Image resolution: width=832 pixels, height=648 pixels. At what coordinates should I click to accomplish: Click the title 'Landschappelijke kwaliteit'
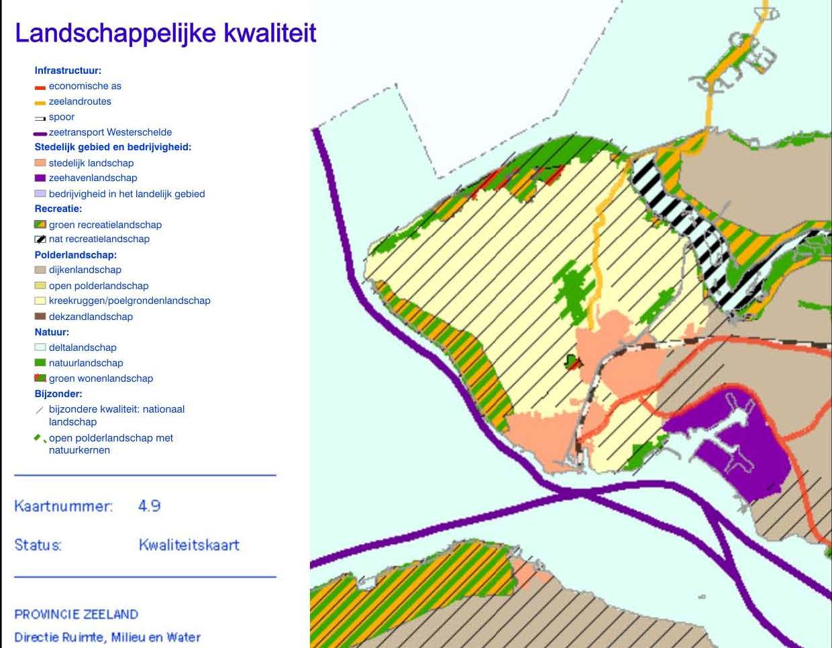(165, 33)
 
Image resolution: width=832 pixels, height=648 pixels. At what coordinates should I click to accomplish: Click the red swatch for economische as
(40, 87)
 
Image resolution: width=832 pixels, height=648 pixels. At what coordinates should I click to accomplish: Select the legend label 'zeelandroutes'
(80, 101)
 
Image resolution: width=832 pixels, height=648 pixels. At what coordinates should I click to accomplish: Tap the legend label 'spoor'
(62, 117)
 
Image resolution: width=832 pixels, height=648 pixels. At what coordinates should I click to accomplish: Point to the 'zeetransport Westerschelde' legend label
(110, 132)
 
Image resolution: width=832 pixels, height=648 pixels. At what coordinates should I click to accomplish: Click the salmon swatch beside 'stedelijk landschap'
(40, 163)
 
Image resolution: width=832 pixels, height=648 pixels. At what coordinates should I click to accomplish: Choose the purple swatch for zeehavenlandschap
(40, 178)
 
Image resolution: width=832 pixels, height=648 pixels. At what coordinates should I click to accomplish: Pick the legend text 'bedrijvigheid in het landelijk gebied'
(127, 194)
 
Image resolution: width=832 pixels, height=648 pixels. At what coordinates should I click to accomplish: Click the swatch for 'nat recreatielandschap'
(40, 239)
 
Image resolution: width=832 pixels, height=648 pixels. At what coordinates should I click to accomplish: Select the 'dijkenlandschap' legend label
(85, 270)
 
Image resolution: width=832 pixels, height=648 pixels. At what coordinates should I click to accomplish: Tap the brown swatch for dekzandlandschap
(40, 317)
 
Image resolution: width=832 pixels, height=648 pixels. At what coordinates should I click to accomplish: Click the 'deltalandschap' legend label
(83, 347)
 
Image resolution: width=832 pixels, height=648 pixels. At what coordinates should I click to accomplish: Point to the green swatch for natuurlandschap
(40, 363)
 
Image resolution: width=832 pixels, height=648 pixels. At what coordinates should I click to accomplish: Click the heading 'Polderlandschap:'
(75, 255)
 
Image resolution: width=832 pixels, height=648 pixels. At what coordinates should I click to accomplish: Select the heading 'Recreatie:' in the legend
(58, 209)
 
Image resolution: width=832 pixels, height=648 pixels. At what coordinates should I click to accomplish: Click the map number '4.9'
(149, 506)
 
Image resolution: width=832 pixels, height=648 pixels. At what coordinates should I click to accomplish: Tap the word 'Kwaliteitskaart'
(189, 545)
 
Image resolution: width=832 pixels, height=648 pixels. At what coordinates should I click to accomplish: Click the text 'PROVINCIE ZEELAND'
(76, 614)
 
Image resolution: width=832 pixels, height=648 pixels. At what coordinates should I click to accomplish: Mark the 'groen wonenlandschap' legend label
(101, 378)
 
